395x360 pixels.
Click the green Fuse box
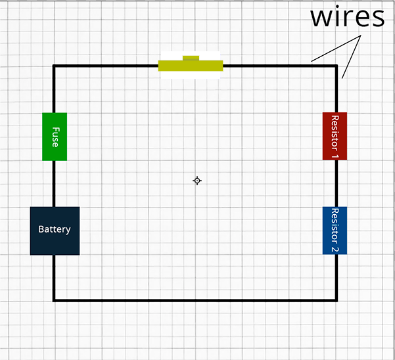click(x=55, y=137)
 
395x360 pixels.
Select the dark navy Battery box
click(x=55, y=231)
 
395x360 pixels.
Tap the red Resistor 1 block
click(x=335, y=136)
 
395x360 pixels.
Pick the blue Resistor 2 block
click(x=335, y=231)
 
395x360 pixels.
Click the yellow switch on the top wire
click(x=191, y=66)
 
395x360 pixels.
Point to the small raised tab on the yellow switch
click(x=191, y=58)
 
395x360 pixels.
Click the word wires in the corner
click(x=348, y=17)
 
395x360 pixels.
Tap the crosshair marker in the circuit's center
click(x=197, y=181)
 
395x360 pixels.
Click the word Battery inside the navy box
click(x=55, y=229)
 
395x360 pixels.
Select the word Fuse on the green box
click(x=56, y=137)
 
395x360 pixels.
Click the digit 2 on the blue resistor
click(x=335, y=249)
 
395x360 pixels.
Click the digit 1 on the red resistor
click(x=335, y=156)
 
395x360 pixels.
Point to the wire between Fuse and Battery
click(x=54, y=184)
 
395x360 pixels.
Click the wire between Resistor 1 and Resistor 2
click(x=337, y=183)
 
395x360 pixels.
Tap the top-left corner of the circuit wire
click(x=54, y=66)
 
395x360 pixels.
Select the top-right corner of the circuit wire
click(x=337, y=66)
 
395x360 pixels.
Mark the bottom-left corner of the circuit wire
click(x=54, y=300)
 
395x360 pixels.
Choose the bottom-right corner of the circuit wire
click(x=337, y=300)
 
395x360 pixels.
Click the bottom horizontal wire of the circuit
click(x=195, y=300)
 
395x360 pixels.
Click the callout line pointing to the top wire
click(x=336, y=49)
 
